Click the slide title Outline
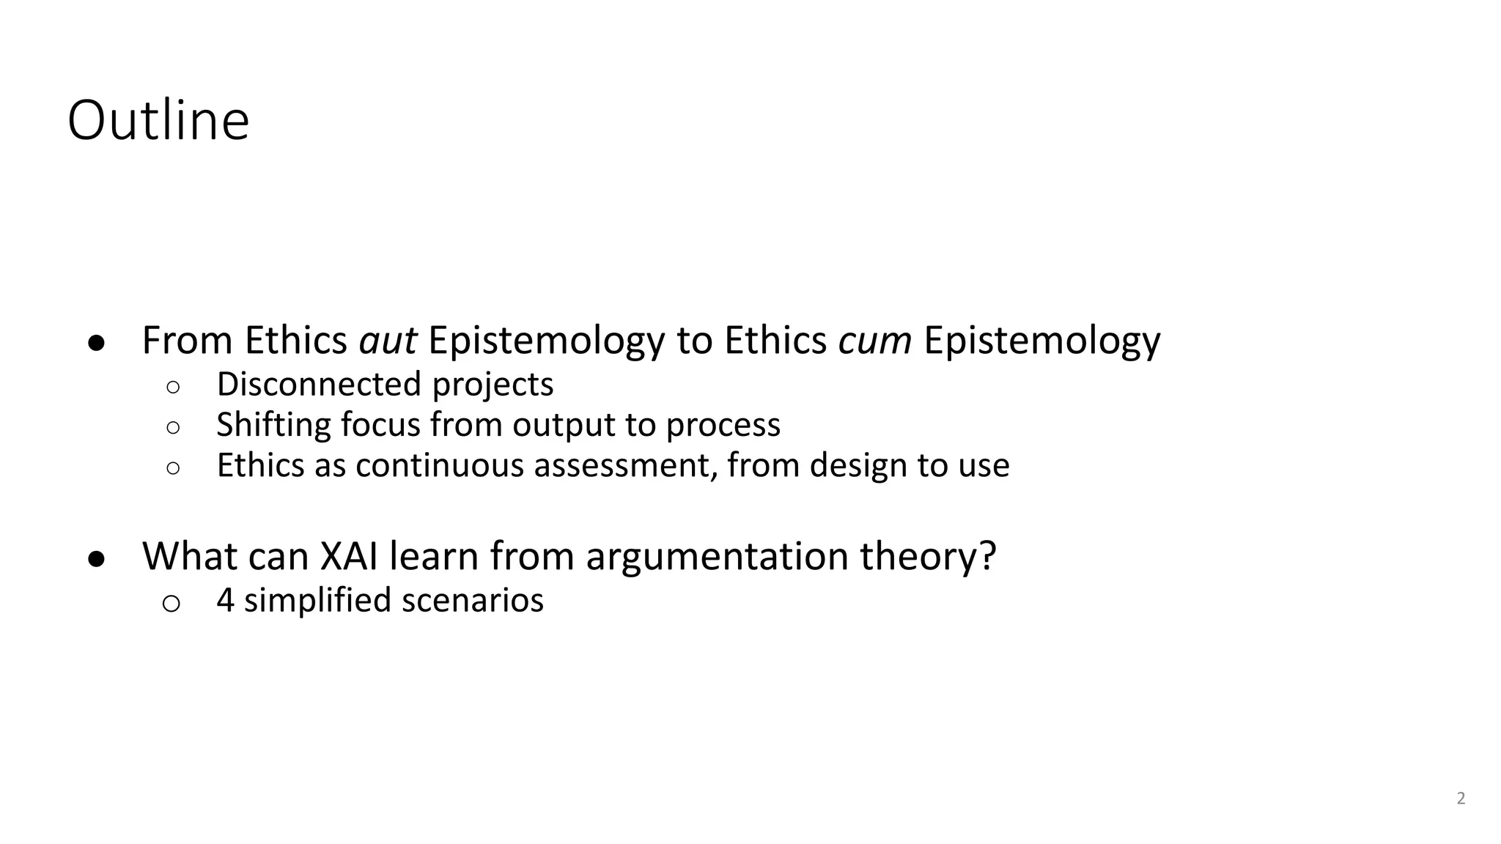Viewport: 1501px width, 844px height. pyautogui.click(x=158, y=121)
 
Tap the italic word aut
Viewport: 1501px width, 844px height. pyautogui.click(x=388, y=341)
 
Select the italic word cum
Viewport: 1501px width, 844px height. pyautogui.click(x=874, y=341)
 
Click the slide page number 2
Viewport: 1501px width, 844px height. pyautogui.click(x=1461, y=799)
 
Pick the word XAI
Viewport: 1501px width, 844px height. pyautogui.click(x=349, y=556)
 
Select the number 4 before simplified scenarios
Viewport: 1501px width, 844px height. pyautogui.click(x=226, y=600)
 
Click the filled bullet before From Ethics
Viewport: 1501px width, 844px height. pyautogui.click(x=97, y=343)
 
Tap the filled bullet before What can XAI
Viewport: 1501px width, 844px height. pyautogui.click(x=97, y=559)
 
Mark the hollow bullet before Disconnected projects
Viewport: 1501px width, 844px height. pyautogui.click(x=173, y=387)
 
